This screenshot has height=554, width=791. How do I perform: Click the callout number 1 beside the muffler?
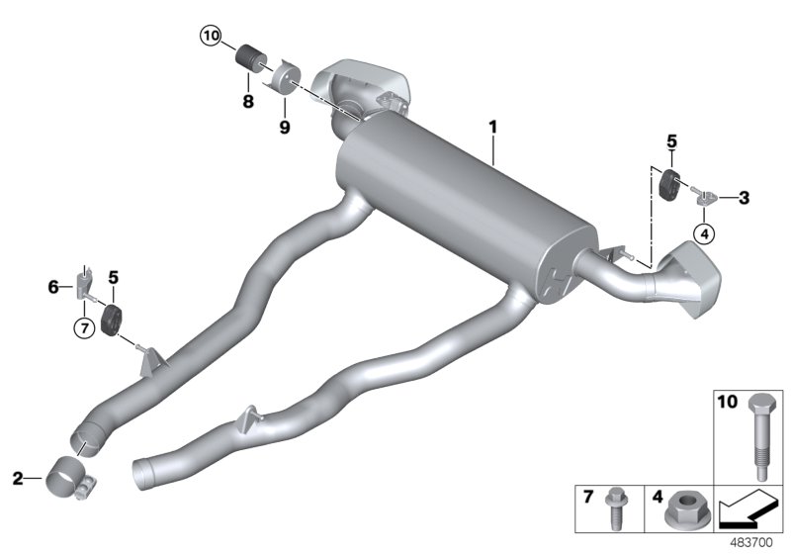coord(491,129)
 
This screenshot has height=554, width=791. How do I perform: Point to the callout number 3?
coord(744,198)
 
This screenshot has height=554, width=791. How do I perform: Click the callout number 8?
coord(247,101)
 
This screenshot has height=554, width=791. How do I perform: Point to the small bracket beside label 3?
coord(704,198)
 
